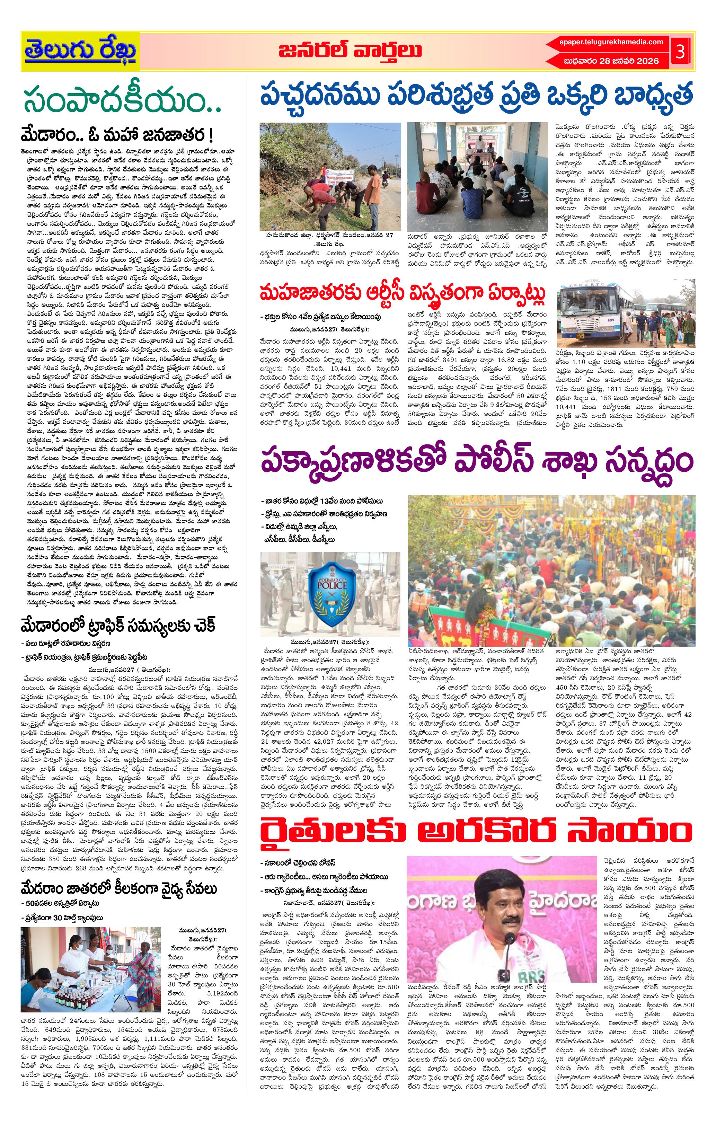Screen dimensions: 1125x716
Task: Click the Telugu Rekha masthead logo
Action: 80,51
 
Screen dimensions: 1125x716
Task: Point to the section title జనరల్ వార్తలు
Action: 350,51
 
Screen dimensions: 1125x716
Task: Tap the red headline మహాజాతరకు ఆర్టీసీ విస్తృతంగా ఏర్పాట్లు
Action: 403,294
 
